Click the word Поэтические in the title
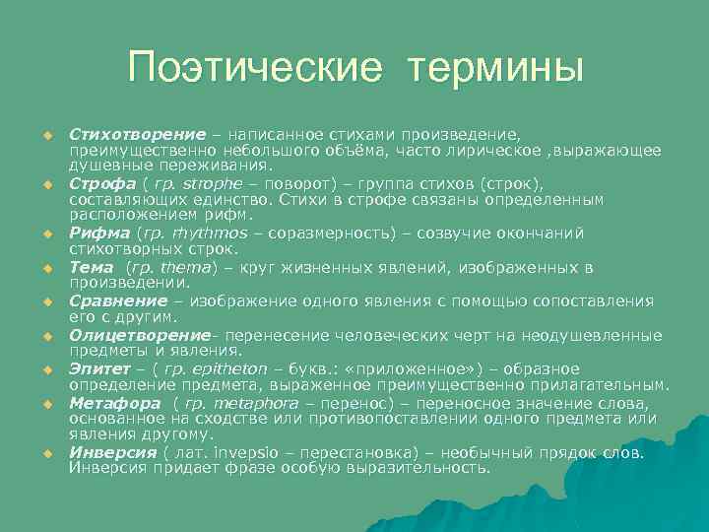(252, 69)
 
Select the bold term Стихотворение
(137, 133)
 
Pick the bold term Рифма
(99, 233)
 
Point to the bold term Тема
(92, 267)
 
